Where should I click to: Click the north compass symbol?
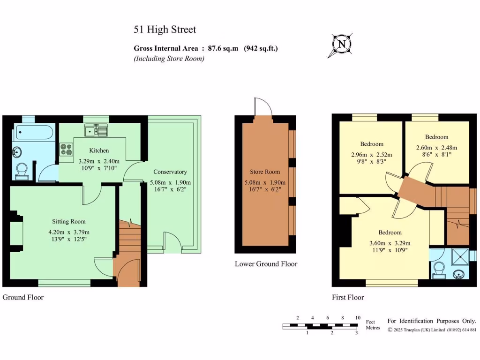pyautogui.click(x=342, y=45)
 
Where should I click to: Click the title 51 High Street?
pyautogui.click(x=165, y=30)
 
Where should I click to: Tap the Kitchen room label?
pyautogui.click(x=99, y=150)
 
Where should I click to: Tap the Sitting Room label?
pyautogui.click(x=68, y=221)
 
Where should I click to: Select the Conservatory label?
pyautogui.click(x=170, y=172)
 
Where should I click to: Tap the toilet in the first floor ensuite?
pyautogui.click(x=439, y=270)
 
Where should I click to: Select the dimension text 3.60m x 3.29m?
pyautogui.click(x=390, y=243)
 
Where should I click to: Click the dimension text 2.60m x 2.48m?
pyautogui.click(x=436, y=147)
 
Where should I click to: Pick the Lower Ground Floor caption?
pyautogui.click(x=266, y=264)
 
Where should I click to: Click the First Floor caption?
pyautogui.click(x=348, y=297)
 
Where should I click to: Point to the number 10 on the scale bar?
pyautogui.click(x=358, y=318)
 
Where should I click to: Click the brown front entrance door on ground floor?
pyautogui.click(x=125, y=272)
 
